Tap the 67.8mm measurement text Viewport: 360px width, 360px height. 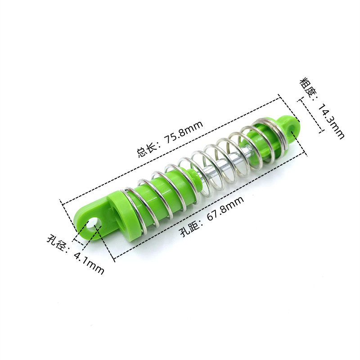pyautogui.click(x=225, y=209)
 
